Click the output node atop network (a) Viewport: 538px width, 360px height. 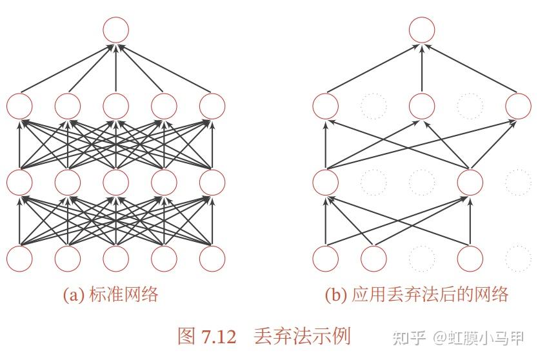point(116,30)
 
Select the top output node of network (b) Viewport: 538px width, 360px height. point(422,30)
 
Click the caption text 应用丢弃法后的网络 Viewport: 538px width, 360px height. point(430,295)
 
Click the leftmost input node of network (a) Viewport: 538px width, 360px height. point(19,259)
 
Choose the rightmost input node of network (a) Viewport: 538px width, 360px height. point(212,259)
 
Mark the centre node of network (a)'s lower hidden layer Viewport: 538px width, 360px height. point(116,183)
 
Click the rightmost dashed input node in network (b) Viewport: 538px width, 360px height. point(518,259)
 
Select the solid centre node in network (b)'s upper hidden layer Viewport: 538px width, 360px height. point(422,106)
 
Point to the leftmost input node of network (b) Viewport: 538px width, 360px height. point(325,259)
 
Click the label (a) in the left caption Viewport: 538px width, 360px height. point(74,295)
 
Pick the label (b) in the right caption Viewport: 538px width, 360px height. point(336,295)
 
